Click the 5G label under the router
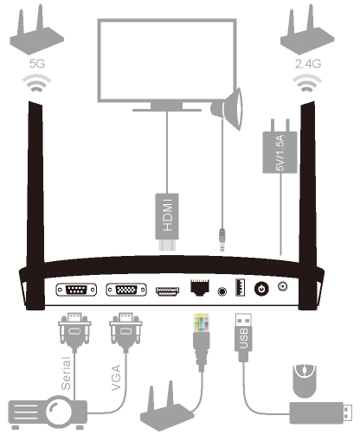37,63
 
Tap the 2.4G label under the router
308,64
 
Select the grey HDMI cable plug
167,221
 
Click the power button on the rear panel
261,289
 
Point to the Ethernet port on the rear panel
200,287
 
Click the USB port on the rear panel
241,287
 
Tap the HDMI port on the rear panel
167,291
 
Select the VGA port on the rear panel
126,290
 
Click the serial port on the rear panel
76,290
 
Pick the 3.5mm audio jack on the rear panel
222,291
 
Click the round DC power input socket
282,286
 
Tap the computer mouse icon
305,381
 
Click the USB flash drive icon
320,413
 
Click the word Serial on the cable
66,374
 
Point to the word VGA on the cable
116,378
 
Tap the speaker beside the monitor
227,109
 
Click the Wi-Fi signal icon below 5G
37,83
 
